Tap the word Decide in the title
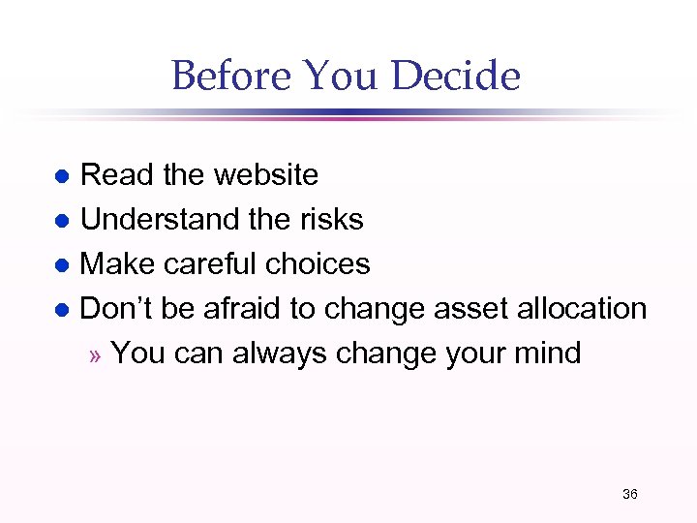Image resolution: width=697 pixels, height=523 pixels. (461, 76)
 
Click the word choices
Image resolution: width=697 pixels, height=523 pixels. (321, 263)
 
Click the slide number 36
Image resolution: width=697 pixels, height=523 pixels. (630, 494)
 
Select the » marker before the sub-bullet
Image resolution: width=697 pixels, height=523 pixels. (94, 354)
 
